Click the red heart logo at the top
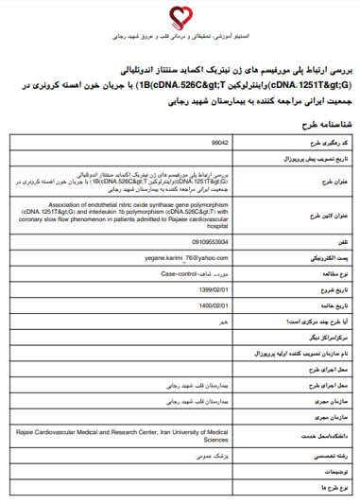(x=180, y=15)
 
